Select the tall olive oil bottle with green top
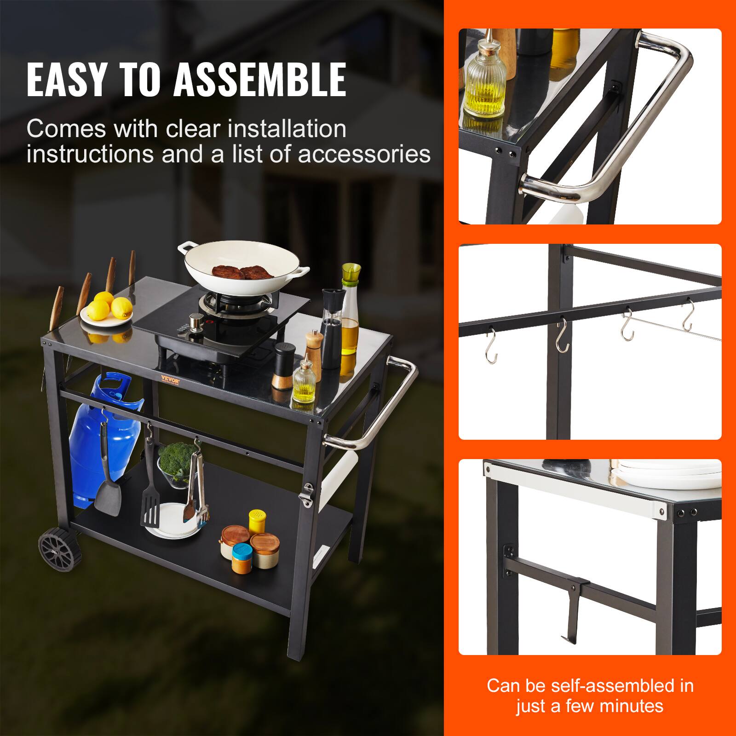pyautogui.click(x=350, y=313)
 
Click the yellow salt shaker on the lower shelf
pyautogui.click(x=256, y=521)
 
